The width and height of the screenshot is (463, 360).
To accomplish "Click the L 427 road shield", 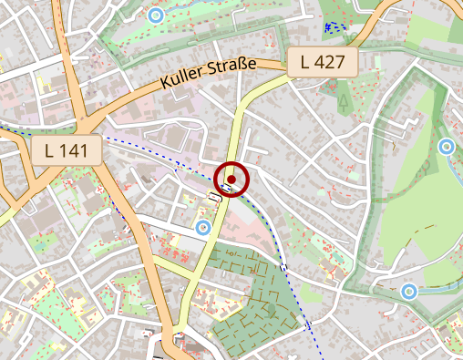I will (323, 63).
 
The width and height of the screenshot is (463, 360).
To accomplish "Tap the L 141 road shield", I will (66, 150).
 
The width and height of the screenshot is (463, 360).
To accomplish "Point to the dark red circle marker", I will (231, 179).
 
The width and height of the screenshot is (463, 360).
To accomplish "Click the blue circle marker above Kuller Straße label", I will (156, 15).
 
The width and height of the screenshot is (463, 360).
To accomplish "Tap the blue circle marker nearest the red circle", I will (203, 226).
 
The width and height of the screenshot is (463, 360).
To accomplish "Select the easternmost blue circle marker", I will (446, 146).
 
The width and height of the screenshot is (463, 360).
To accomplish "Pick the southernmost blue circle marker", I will (409, 292).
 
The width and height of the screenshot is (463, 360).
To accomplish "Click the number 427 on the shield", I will (332, 63).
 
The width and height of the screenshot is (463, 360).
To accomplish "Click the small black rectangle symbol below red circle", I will (216, 196).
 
